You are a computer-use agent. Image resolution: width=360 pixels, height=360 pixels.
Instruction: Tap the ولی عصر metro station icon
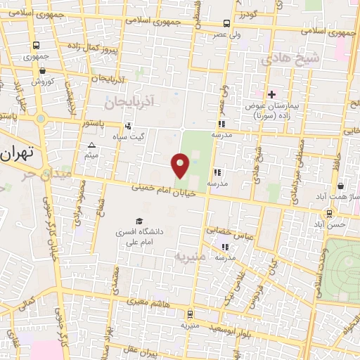click(226, 22)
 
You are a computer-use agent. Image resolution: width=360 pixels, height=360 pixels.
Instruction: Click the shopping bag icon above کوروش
click(43, 70)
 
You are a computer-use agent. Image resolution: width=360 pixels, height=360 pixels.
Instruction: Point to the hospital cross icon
click(271, 94)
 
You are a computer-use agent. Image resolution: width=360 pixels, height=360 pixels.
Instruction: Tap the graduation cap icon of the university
click(138, 221)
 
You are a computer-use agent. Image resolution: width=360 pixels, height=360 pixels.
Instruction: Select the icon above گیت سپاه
click(127, 127)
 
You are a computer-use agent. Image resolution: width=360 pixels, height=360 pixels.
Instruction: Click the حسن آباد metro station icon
click(329, 214)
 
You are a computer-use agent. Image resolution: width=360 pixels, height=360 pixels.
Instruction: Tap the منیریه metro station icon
click(189, 315)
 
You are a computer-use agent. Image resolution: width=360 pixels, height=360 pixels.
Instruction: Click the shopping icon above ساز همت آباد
click(340, 186)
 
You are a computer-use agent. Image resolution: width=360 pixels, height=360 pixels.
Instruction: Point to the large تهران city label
click(19, 153)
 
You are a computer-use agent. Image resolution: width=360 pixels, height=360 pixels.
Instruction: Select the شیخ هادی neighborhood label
click(290, 59)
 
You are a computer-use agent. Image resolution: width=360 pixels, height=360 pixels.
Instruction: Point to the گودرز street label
click(249, 14)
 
